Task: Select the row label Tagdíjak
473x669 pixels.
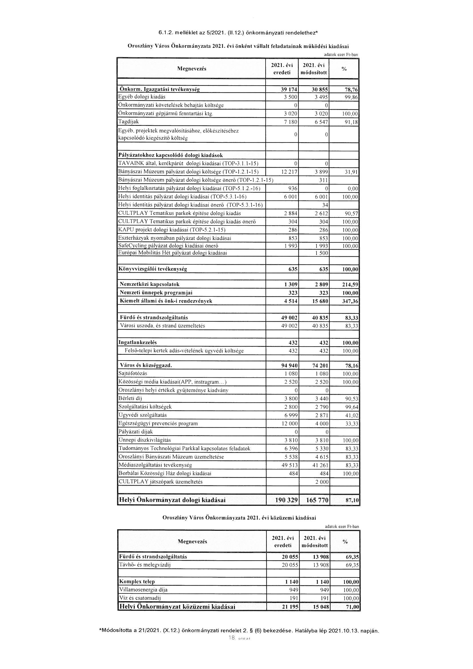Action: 128,122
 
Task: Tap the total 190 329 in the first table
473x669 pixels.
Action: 286,500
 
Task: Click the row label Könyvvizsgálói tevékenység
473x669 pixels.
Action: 153,269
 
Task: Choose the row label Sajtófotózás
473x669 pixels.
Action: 132,373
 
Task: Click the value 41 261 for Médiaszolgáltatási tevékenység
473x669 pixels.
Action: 320,465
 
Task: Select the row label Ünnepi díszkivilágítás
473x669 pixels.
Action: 145,440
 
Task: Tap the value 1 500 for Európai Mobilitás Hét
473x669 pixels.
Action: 321,253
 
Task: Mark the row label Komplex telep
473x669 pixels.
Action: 137,582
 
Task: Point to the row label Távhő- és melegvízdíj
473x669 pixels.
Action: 145,565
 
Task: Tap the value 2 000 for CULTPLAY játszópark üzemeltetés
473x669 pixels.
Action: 321,482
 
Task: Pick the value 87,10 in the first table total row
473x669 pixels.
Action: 352,500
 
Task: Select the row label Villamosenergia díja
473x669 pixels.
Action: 143,590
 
